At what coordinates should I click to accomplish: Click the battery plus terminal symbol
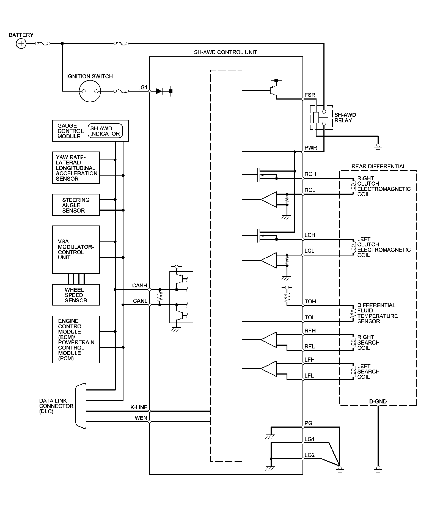(21, 43)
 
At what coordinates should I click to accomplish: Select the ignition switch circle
(90, 91)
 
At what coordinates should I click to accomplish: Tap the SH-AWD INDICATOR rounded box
(105, 131)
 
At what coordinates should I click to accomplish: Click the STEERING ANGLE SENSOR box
(76, 205)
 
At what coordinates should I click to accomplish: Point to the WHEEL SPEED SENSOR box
(76, 295)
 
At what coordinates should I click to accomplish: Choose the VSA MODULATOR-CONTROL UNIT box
(76, 250)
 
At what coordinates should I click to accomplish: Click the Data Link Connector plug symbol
(81, 406)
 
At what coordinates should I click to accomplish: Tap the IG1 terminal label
(144, 87)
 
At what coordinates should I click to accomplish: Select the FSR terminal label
(310, 95)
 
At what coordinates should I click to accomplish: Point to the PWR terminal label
(311, 148)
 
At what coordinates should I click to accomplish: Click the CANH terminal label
(140, 285)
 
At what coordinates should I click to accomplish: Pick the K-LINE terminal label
(139, 407)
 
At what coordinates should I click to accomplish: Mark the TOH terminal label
(310, 301)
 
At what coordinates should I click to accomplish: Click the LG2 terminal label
(309, 455)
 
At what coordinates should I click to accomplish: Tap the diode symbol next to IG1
(159, 91)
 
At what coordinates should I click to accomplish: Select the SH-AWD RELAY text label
(345, 118)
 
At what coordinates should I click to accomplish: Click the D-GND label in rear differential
(378, 402)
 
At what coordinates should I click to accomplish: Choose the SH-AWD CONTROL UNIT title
(226, 52)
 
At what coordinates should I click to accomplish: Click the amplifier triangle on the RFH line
(268, 340)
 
